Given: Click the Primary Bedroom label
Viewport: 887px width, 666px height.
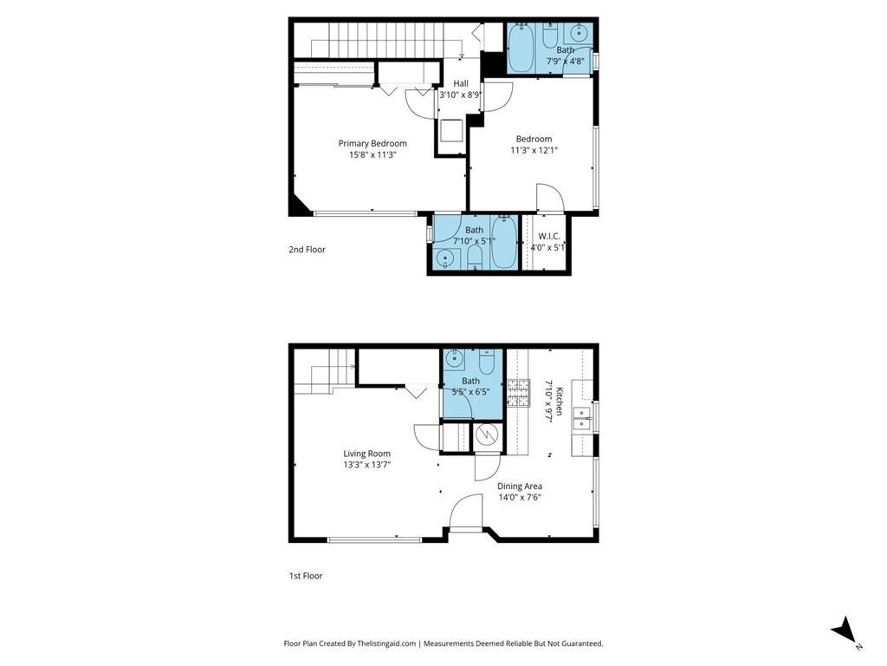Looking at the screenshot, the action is (372, 143).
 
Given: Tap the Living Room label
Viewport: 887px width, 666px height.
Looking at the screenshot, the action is (366, 453).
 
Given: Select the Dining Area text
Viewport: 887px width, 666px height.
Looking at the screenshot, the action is (520, 486).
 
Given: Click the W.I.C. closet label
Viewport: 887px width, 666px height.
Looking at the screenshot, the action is (548, 236).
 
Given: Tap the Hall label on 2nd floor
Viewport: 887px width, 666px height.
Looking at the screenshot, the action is (461, 83).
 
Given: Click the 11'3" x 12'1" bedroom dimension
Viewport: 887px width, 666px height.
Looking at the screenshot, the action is (534, 150).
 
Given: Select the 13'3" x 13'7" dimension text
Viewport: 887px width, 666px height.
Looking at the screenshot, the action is (367, 465).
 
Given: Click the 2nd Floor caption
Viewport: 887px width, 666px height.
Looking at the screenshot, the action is (308, 249).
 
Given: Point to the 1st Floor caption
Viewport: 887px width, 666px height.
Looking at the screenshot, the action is (306, 576).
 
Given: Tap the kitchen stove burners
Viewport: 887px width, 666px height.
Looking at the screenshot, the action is (518, 393).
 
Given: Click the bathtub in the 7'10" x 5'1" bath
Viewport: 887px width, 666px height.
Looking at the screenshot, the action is (505, 243).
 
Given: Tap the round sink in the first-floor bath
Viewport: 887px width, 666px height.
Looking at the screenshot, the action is (454, 358).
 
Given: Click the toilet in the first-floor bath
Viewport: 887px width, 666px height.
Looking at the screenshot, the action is (487, 360).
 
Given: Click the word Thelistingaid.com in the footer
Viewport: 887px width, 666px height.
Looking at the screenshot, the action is (386, 643).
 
